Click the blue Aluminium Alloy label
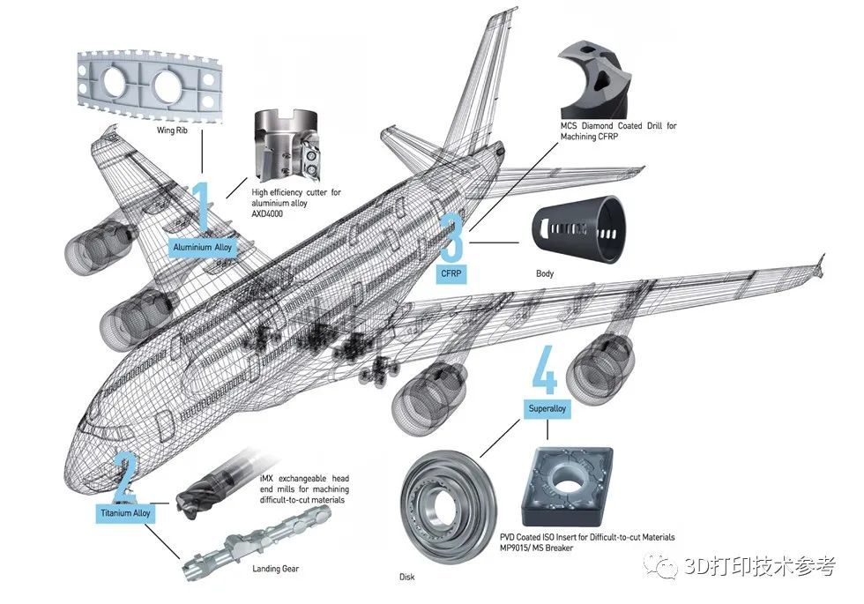click(202, 248)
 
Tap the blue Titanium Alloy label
click(125, 513)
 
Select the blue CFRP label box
click(451, 273)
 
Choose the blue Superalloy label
click(547, 409)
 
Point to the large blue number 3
click(452, 237)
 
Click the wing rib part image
click(149, 86)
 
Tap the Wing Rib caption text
click(172, 130)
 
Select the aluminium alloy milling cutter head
click(286, 145)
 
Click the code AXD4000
click(267, 213)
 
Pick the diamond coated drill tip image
click(592, 78)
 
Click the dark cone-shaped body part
click(578, 228)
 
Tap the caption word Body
click(545, 273)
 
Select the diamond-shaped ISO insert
click(567, 486)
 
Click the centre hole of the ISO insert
click(566, 480)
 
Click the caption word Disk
click(406, 577)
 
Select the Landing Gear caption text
click(275, 569)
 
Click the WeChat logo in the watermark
click(660, 566)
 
